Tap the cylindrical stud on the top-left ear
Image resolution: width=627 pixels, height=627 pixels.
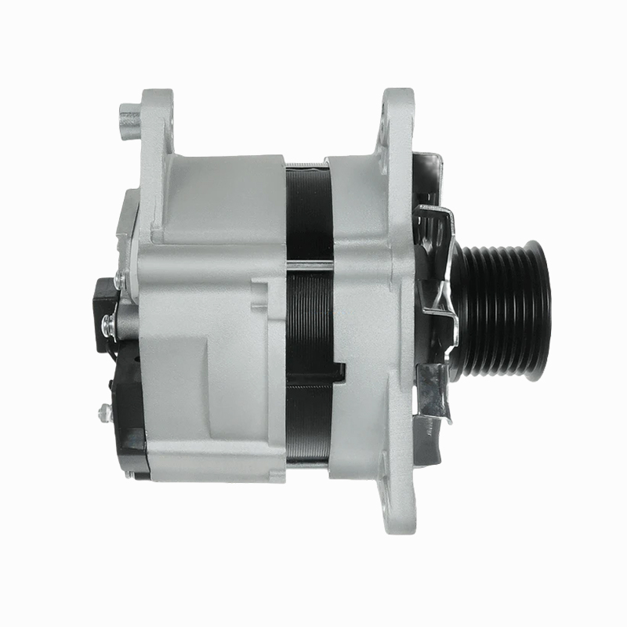click(128, 119)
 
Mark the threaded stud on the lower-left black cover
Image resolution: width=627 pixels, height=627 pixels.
click(102, 408)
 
